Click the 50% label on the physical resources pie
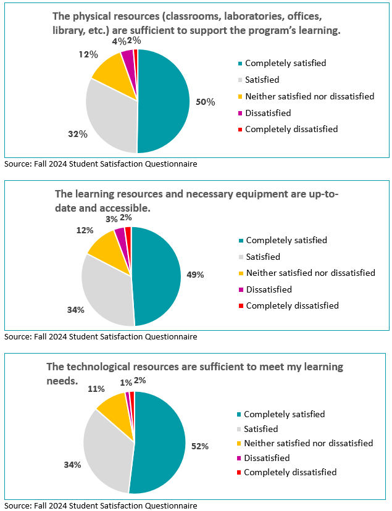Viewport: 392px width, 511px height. click(205, 102)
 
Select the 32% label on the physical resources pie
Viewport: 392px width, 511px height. click(76, 133)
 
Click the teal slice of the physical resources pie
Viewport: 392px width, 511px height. click(164, 102)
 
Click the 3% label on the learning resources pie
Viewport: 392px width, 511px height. click(112, 218)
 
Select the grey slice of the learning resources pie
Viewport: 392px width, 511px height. click(105, 290)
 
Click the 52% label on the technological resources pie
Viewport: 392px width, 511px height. click(199, 446)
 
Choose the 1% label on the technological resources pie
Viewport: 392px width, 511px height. click(125, 383)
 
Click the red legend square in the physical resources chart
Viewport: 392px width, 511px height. click(240, 130)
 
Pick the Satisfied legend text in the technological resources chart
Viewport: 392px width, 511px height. click(261, 429)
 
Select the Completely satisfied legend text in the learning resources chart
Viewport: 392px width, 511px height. click(286, 240)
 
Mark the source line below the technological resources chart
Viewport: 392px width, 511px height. click(101, 505)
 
